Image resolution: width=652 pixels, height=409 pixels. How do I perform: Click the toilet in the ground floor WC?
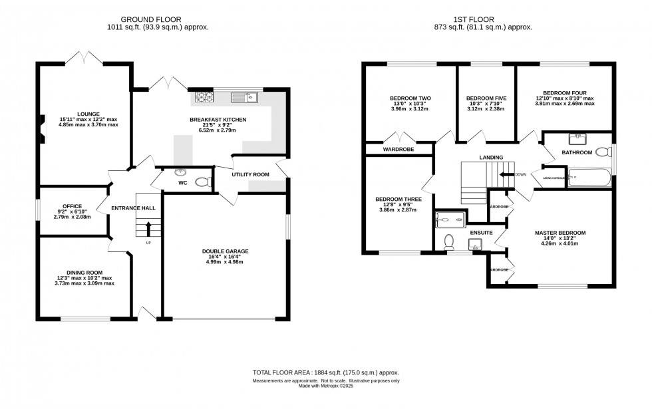[x=202, y=182]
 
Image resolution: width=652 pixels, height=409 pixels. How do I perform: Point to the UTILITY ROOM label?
[x=250, y=174]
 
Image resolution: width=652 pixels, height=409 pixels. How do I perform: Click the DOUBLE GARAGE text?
[x=225, y=251]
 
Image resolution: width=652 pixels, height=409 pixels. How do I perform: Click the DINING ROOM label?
[x=84, y=272]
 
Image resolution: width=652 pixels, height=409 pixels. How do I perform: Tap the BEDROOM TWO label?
[x=410, y=98]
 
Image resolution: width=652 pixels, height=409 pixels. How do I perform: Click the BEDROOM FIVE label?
[x=486, y=98]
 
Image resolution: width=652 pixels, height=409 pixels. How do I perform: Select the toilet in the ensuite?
[x=448, y=241]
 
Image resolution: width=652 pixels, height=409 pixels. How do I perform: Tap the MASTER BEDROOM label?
[x=560, y=233]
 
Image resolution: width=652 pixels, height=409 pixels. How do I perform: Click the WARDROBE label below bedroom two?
[x=398, y=150]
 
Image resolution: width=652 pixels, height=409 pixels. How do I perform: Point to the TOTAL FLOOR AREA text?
[x=325, y=373]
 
